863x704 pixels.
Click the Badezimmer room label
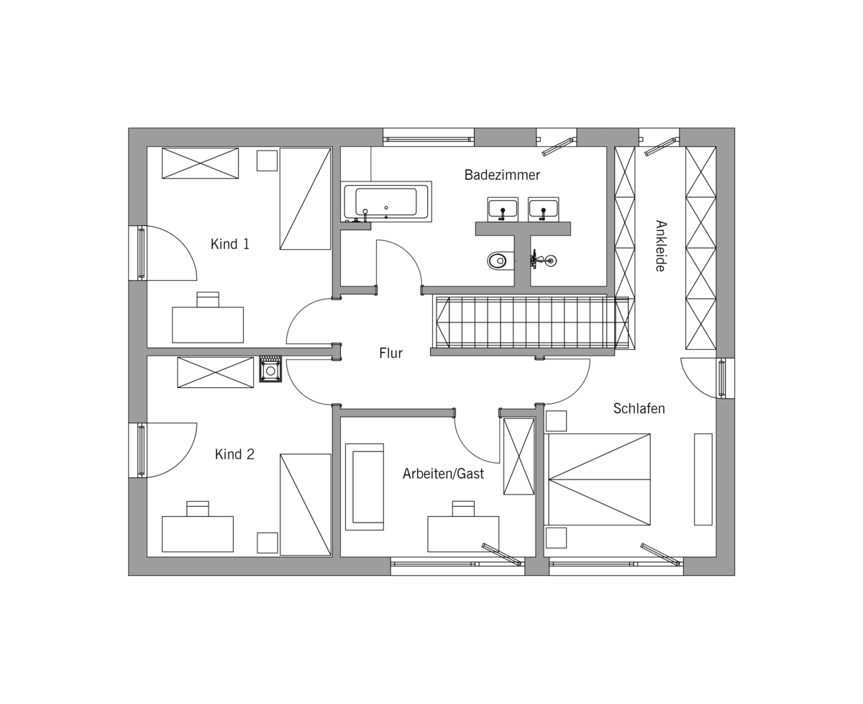[x=501, y=175]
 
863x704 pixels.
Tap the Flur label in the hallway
[x=391, y=353]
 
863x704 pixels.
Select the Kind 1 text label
[x=229, y=244]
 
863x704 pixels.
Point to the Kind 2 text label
[x=234, y=454]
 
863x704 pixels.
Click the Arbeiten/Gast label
[x=443, y=474]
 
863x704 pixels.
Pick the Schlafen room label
[x=639, y=408]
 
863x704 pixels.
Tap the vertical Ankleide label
[x=660, y=245]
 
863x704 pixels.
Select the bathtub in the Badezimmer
[x=386, y=202]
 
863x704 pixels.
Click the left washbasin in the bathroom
[x=503, y=209]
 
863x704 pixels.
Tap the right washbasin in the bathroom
[x=543, y=209]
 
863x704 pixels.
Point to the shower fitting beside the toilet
[x=543, y=260]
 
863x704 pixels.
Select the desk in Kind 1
[x=208, y=325]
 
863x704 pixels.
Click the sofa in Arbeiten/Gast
[x=364, y=487]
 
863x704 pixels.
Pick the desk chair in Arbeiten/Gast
[x=463, y=508]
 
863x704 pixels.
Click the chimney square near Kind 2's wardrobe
[x=270, y=369]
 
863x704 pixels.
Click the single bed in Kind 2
[x=306, y=505]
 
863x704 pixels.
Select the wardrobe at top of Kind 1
[x=200, y=163]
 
